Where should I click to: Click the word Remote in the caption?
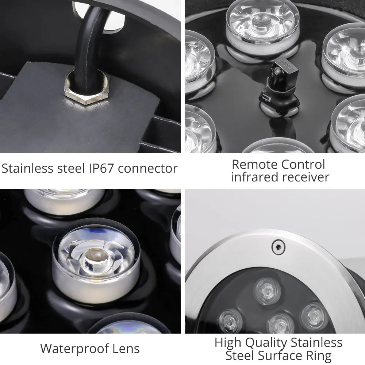coord(255,164)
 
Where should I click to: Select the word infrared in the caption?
coord(254,177)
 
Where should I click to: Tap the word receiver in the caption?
coord(305,177)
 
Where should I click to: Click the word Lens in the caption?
coord(126,349)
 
